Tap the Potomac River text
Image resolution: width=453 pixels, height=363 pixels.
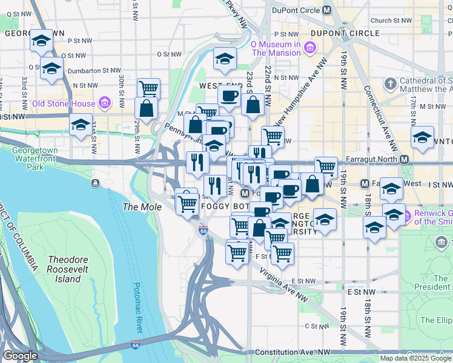pos(137,307)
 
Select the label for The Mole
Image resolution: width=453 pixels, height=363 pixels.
pos(142,207)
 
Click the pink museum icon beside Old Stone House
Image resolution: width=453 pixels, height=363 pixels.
pos(105,103)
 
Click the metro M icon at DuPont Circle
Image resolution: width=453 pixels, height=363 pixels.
pos(327,10)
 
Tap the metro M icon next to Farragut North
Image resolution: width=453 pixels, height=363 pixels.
pos(404,160)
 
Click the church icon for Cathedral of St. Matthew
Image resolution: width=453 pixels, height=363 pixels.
pos(391,83)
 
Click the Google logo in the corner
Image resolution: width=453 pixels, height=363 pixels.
pos(20,356)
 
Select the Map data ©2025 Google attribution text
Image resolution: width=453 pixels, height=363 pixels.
pos(415,358)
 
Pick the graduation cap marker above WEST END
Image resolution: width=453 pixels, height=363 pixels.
pos(225,59)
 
